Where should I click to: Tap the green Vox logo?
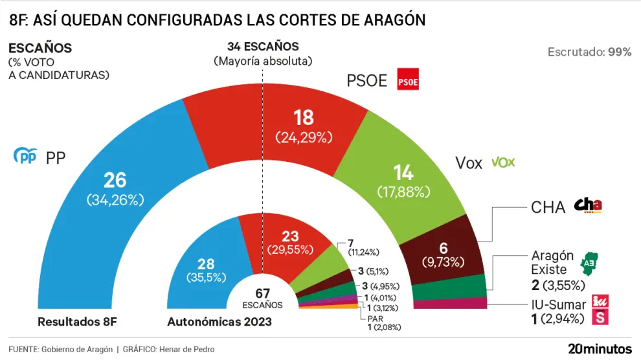[x=503, y=162]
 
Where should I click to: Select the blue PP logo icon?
[x=26, y=156]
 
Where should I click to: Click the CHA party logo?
[x=588, y=205]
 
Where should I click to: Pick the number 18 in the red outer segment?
[x=303, y=117]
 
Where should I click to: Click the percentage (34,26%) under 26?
[x=115, y=200]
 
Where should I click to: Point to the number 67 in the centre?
[x=263, y=294]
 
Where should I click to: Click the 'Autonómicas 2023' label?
[x=219, y=321]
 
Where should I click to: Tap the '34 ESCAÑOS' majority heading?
[x=263, y=47]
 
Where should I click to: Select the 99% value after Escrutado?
[x=620, y=52]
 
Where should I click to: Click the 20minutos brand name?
[x=600, y=348]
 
